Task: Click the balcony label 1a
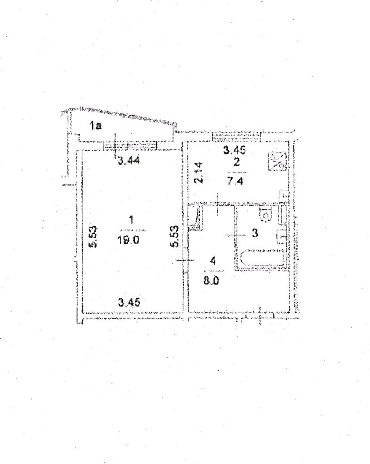(x=95, y=126)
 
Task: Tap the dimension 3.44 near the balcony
(x=129, y=161)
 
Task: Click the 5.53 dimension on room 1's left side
(x=93, y=237)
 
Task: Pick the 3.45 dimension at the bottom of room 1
(x=129, y=302)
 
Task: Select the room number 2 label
(x=236, y=162)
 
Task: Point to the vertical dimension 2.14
(x=200, y=172)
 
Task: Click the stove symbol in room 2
(x=278, y=161)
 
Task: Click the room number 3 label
(x=254, y=233)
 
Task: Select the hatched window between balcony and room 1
(x=130, y=145)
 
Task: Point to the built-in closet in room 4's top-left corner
(x=195, y=217)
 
